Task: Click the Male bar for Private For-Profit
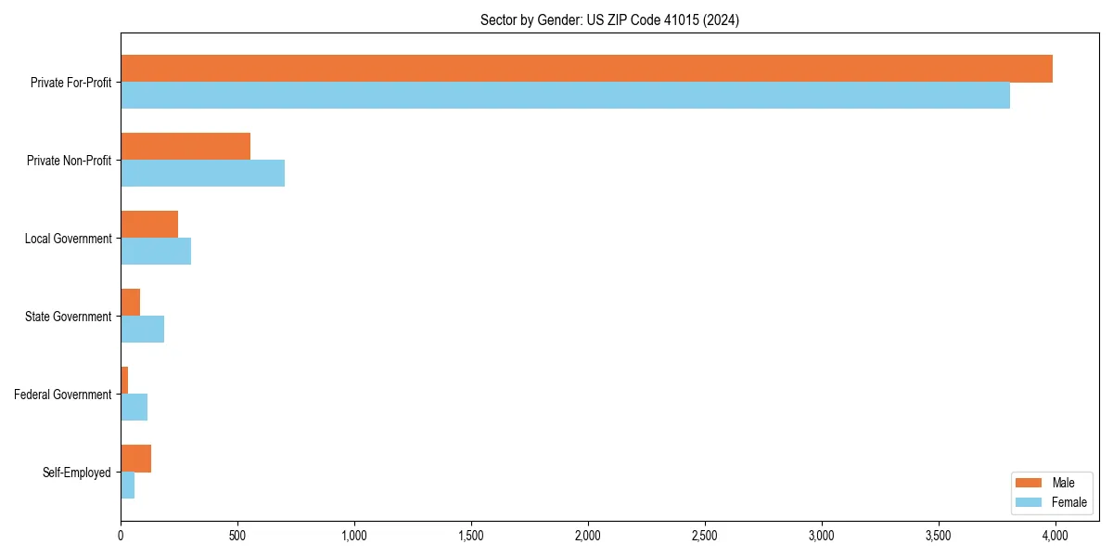[586, 69]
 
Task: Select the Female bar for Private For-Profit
[565, 96]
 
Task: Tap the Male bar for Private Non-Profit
[185, 147]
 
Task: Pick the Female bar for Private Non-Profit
[202, 174]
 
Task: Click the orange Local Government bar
[149, 225]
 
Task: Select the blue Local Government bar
[156, 252]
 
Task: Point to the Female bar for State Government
[142, 330]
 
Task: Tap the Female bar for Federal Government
[134, 408]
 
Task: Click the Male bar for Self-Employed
[135, 459]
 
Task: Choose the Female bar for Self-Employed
[127, 486]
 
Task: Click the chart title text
[609, 19]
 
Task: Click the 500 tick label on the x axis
[237, 536]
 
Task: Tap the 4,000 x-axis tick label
[1055, 536]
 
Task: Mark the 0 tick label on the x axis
[121, 536]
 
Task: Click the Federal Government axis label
[63, 395]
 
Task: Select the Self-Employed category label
[77, 473]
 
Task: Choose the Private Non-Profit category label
[70, 161]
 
